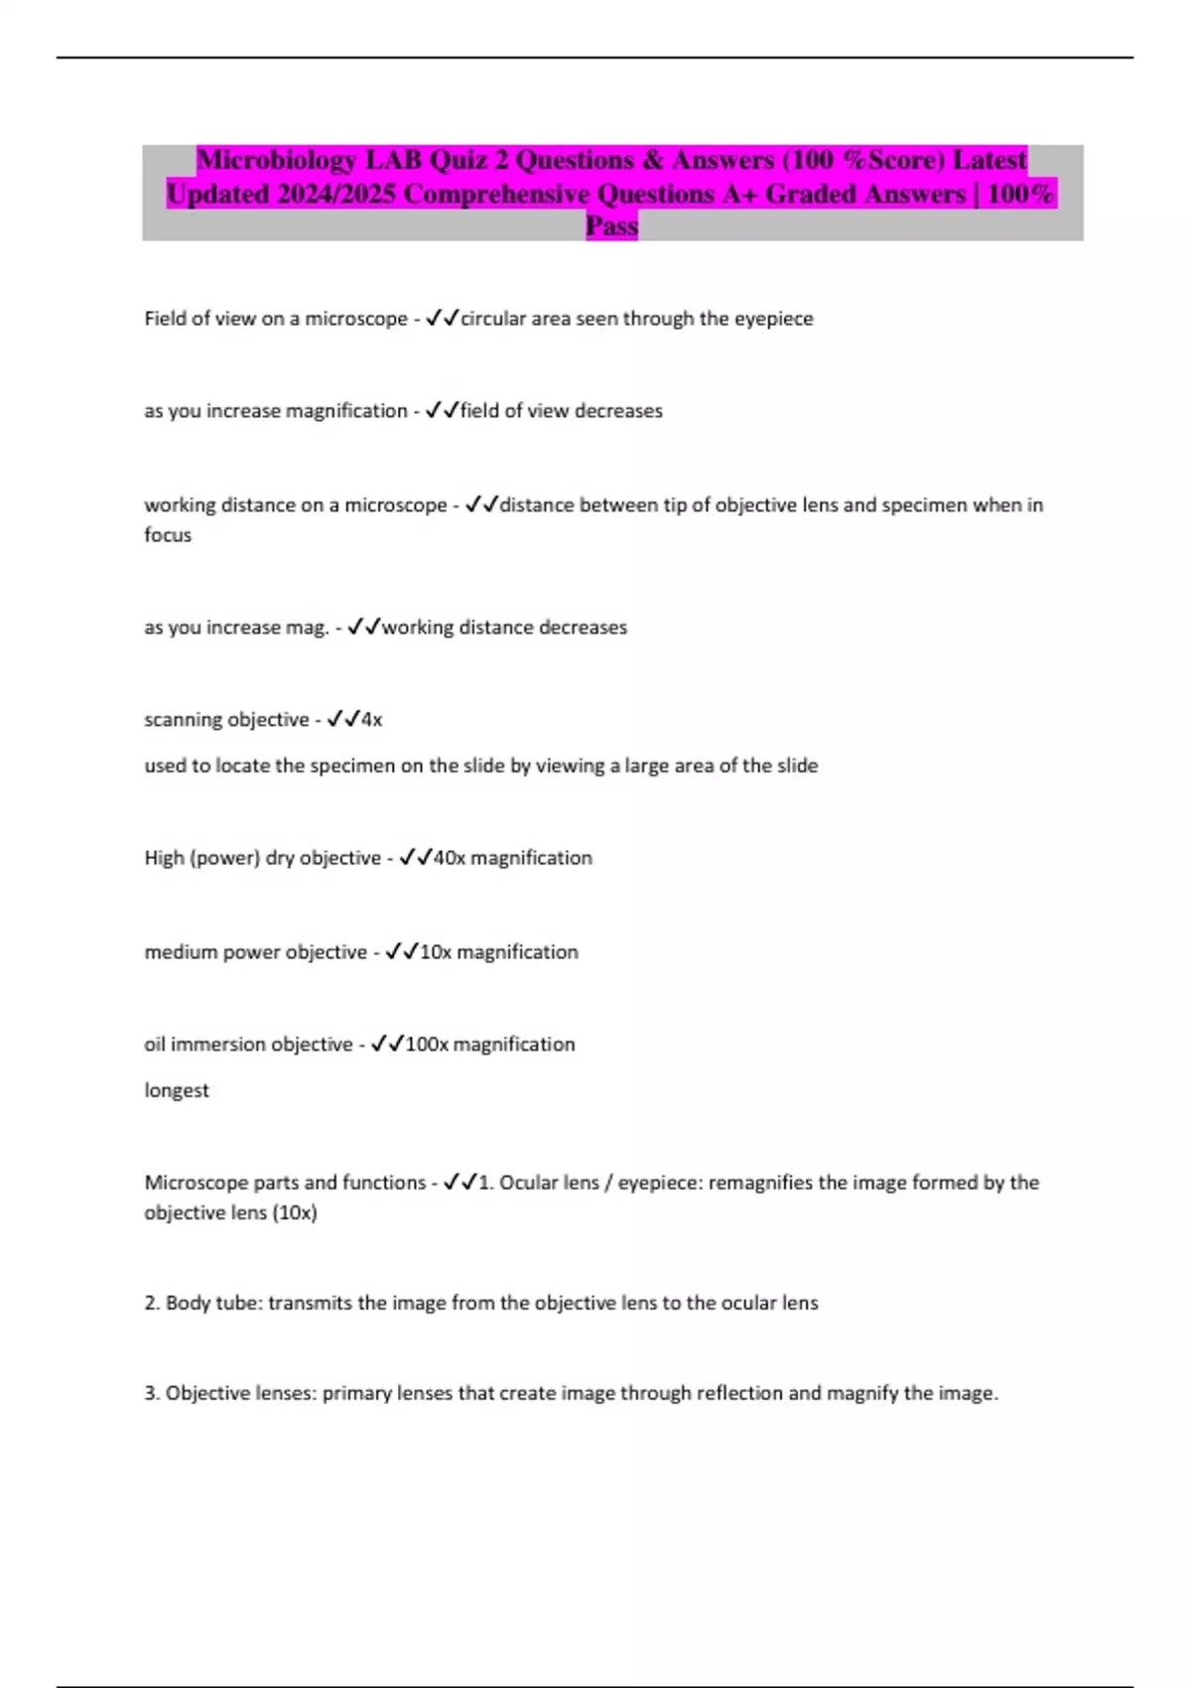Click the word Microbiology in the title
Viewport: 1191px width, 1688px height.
click(x=276, y=160)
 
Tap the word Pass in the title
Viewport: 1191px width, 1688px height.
click(x=611, y=226)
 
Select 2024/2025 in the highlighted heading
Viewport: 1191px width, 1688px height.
click(x=337, y=194)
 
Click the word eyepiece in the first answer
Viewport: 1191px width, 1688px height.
click(x=773, y=319)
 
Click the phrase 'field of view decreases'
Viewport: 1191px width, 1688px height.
click(x=561, y=411)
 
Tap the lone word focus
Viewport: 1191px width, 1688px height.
click(x=168, y=535)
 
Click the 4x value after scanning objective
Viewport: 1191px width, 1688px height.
click(x=371, y=720)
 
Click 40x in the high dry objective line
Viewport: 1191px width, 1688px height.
click(x=449, y=858)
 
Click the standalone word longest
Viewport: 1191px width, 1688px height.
click(x=177, y=1090)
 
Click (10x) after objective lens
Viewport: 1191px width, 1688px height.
click(x=295, y=1212)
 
